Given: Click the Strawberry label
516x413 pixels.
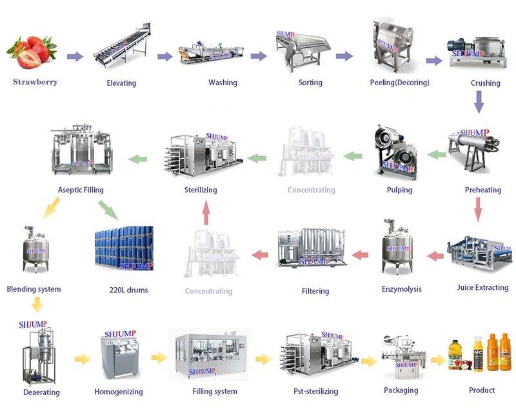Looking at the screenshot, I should click(35, 82).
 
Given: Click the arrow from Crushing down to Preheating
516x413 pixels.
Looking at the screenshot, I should click(479, 101).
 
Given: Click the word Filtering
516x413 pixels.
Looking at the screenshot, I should click(315, 291).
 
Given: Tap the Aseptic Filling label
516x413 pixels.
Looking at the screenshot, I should click(81, 190).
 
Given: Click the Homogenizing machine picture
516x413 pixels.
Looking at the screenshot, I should click(119, 358).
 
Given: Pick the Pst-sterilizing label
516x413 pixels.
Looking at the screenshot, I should click(315, 391).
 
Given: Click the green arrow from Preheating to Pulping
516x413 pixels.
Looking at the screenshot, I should click(437, 154).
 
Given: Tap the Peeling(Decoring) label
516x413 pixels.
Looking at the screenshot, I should click(399, 83).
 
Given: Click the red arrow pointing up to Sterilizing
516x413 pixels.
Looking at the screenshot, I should click(205, 211).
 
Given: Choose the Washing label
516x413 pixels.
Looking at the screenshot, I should click(223, 83).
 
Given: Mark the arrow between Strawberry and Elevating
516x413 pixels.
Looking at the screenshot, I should click(75, 57).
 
